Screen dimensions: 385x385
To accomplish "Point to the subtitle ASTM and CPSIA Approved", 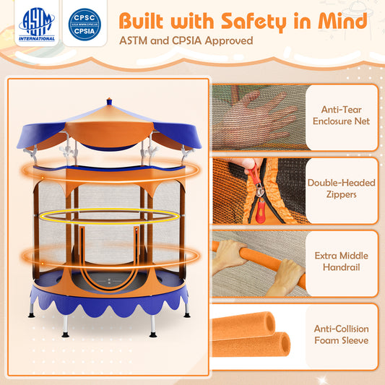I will click(x=186, y=40).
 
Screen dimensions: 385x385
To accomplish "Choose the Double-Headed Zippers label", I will click(x=342, y=189).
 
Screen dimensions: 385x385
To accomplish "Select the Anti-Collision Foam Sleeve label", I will click(x=342, y=334).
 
